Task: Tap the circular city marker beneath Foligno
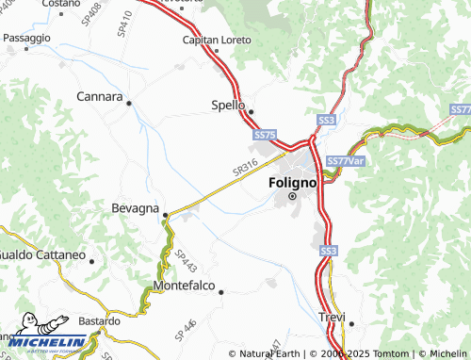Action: click(292, 196)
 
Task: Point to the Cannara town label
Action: click(100, 97)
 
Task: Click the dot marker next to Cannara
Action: click(129, 102)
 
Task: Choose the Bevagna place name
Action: click(135, 207)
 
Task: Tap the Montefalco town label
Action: click(184, 285)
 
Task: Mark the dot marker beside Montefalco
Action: click(220, 292)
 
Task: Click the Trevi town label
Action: click(332, 317)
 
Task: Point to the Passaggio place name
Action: click(26, 38)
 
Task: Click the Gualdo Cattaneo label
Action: click(41, 255)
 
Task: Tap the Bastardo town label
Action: click(99, 321)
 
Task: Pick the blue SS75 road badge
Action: click(265, 137)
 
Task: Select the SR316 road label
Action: click(245, 168)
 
